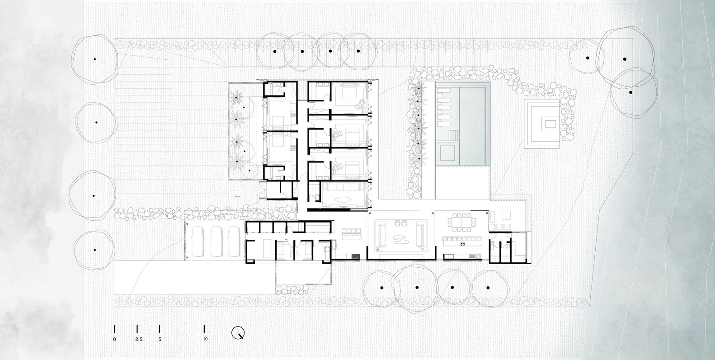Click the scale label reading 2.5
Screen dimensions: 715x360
[x=139, y=339]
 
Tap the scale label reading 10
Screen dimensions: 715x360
[x=205, y=339]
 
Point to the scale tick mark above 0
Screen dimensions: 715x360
[x=114, y=329]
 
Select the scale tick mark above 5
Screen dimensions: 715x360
[x=159, y=329]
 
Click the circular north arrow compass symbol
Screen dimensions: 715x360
[x=238, y=332]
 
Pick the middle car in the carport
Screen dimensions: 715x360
[x=216, y=242]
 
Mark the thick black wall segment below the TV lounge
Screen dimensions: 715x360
[x=329, y=210]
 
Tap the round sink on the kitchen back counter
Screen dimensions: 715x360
[x=478, y=256]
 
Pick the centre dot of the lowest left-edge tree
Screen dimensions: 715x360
[x=94, y=250]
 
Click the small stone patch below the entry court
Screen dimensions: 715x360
[x=292, y=289]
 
